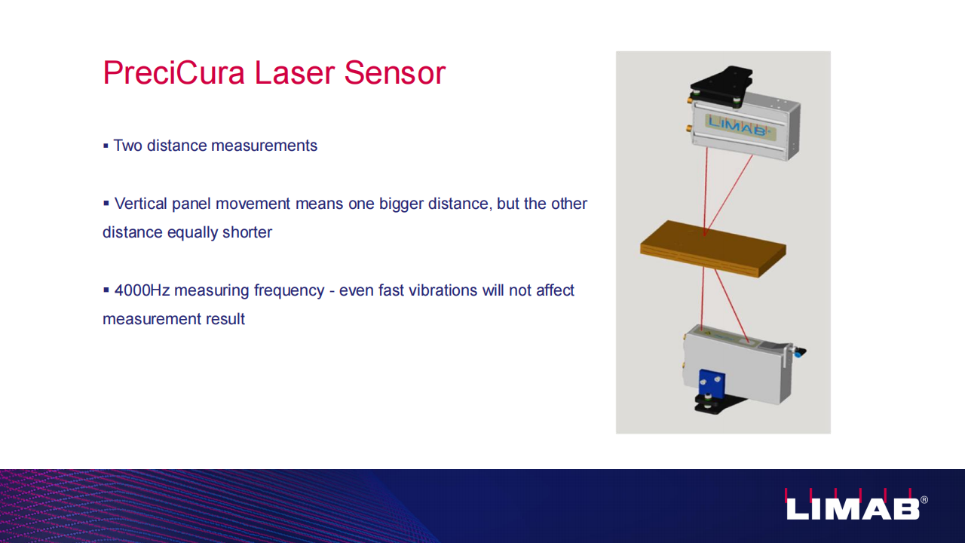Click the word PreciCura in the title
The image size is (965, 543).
(174, 72)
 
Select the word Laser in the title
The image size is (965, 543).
(294, 72)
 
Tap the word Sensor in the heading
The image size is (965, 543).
(394, 72)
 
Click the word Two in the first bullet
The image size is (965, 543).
(127, 146)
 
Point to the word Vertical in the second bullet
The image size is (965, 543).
(140, 204)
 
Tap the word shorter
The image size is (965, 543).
(247, 232)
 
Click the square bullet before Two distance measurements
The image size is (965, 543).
(106, 146)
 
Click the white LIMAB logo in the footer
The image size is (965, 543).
(852, 505)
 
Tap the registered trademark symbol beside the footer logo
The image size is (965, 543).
(924, 500)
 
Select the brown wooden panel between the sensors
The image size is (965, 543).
(713, 249)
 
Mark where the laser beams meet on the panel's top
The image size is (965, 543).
(704, 235)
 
